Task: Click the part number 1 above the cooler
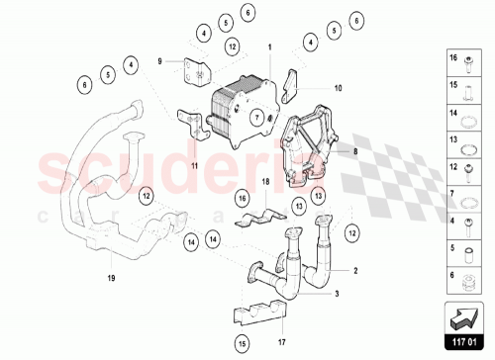pos(267,46)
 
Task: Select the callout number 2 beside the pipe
pos(355,270)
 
